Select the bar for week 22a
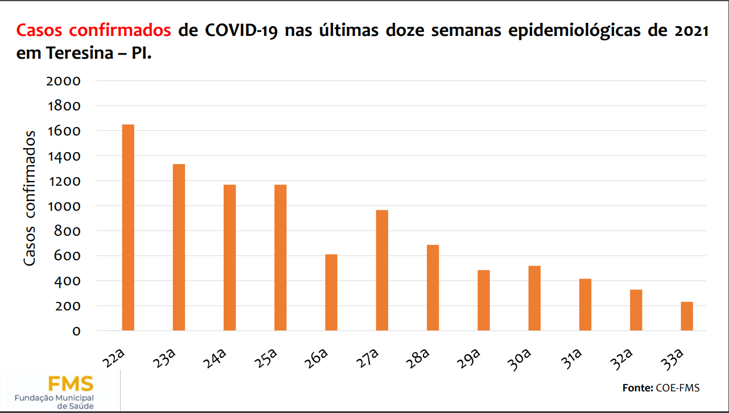pos(128,227)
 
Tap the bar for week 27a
pos(382,270)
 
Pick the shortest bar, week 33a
pos(687,316)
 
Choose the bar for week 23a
pos(179,247)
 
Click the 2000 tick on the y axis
pos(64,81)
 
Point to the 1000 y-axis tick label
pos(64,206)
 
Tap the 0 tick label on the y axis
pos(76,331)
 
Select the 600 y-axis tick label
pos(68,256)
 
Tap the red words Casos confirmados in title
pos(94,30)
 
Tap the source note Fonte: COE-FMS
pos(661,388)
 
